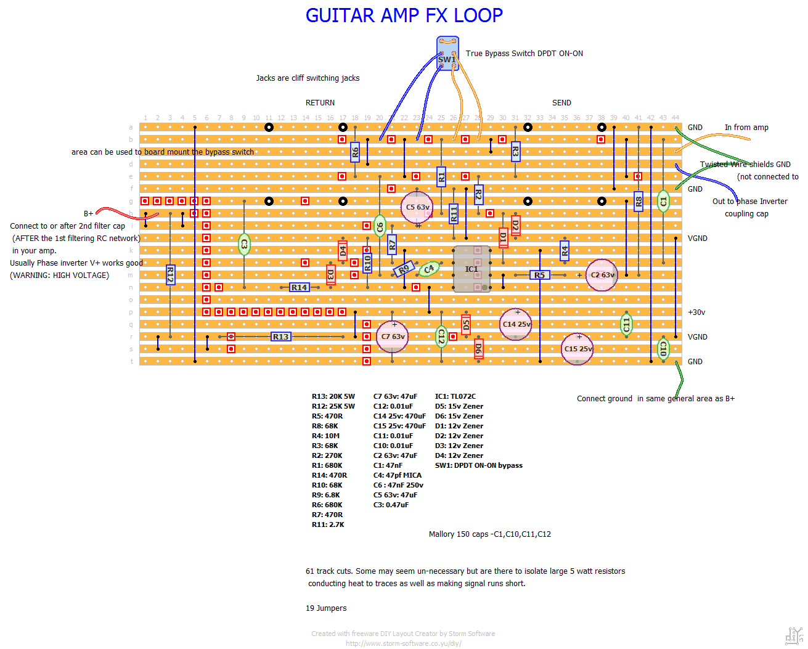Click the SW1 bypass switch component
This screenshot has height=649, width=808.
click(447, 54)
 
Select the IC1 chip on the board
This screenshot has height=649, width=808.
click(471, 269)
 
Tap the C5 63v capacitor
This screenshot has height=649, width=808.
click(417, 208)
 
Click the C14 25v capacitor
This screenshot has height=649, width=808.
click(516, 324)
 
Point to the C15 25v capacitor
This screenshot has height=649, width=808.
click(577, 349)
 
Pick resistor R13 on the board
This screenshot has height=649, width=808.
click(280, 337)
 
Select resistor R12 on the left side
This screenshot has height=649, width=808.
click(170, 275)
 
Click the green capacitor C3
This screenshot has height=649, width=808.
click(244, 245)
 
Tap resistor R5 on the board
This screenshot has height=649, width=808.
click(540, 275)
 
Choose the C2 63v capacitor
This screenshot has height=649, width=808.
click(602, 275)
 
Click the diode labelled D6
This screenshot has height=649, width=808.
click(478, 349)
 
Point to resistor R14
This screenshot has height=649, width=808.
click(299, 287)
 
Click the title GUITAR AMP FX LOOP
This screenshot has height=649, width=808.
click(404, 15)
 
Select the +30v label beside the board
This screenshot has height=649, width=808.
click(696, 312)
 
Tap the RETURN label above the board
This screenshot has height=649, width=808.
click(320, 103)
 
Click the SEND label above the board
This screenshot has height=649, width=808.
click(561, 103)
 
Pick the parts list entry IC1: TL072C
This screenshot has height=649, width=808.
click(455, 396)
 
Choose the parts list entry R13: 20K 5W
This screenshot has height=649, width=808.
click(333, 396)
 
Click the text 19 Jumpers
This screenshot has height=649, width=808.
click(326, 608)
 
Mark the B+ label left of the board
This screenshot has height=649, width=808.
click(88, 214)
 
